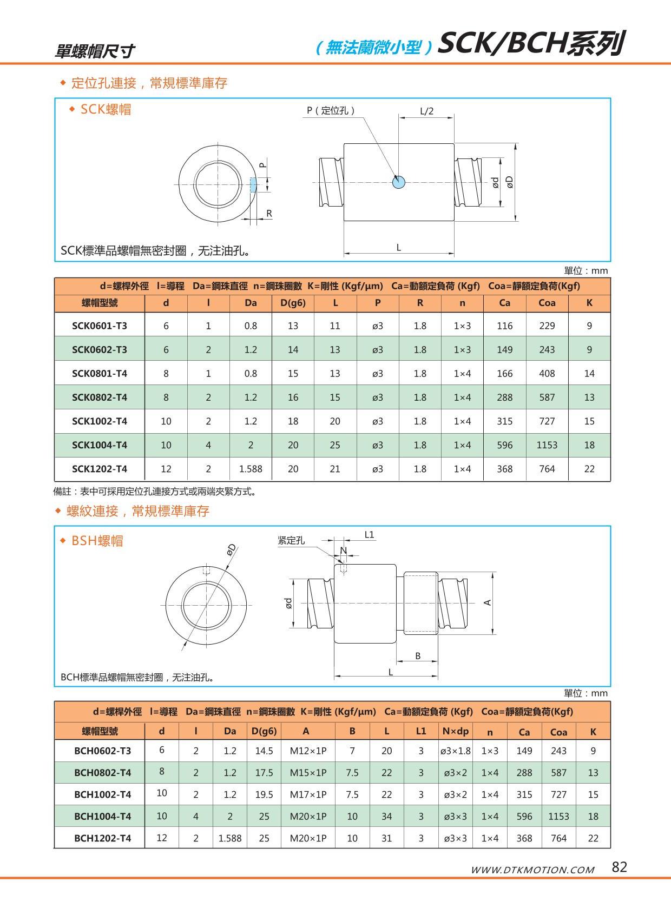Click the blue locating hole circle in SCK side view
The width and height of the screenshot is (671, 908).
coord(399,182)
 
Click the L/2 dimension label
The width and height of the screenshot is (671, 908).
coord(426,111)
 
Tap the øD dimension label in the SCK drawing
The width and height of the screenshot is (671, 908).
coord(510,182)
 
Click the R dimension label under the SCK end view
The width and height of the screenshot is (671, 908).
coord(269,214)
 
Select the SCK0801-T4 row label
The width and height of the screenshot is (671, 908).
coord(100,373)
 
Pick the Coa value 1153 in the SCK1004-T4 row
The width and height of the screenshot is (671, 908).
coord(547,445)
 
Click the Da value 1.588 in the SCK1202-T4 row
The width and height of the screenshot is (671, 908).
coord(251,469)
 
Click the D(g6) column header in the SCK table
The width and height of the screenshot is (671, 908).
coord(293,303)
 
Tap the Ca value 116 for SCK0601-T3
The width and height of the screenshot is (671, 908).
coord(504,326)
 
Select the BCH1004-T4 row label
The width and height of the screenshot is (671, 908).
coord(102,816)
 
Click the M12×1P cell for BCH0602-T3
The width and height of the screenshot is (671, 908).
coord(308,751)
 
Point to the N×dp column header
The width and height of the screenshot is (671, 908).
coord(455,731)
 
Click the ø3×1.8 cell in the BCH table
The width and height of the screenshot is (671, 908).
coord(455,751)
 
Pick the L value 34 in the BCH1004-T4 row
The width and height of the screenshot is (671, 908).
coord(386,816)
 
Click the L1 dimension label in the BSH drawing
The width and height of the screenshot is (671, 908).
coord(369,535)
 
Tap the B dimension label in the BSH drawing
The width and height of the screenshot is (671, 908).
coord(418,656)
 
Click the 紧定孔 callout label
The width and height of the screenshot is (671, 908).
coord(291,540)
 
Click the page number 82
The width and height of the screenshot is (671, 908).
coord(619,867)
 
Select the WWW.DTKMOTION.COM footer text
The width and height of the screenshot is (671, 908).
coord(532,870)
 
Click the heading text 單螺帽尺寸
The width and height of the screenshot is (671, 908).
coord(95,51)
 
